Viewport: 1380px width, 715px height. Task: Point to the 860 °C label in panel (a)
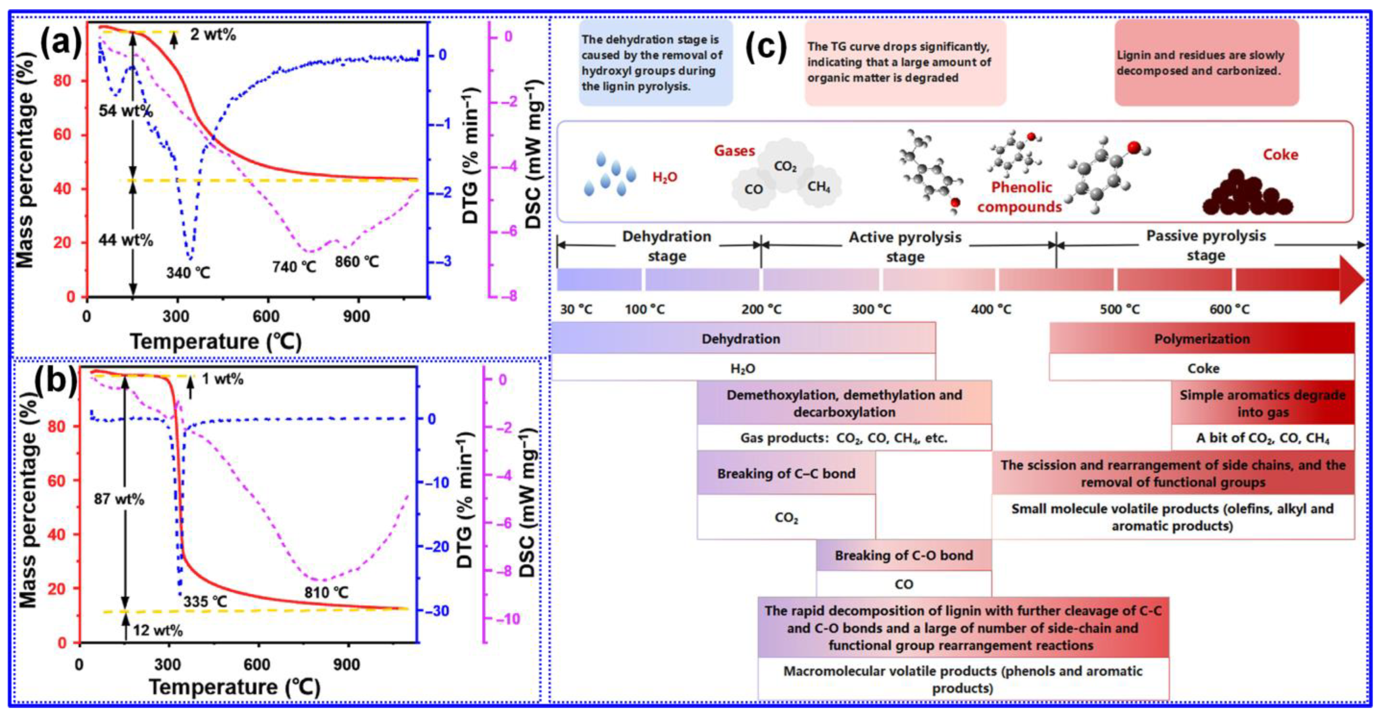coord(357,262)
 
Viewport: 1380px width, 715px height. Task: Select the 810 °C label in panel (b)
coord(326,592)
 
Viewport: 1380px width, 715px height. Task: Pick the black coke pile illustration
coord(1247,195)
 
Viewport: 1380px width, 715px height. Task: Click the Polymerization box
coord(1201,339)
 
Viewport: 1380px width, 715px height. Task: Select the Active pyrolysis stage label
coord(905,246)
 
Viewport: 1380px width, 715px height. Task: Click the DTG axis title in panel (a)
coord(470,155)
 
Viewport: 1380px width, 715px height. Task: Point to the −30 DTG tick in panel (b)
coord(436,611)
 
